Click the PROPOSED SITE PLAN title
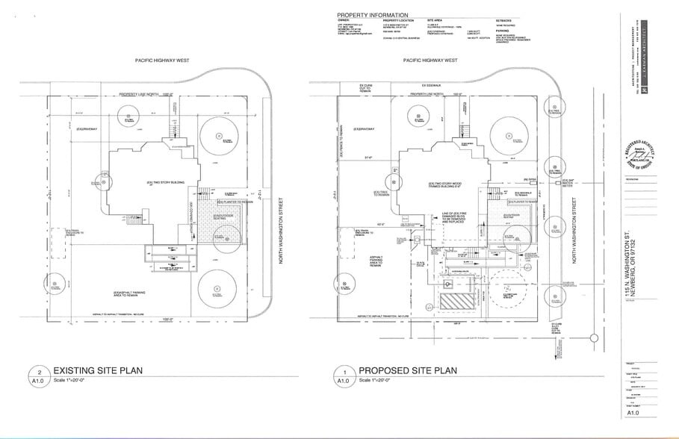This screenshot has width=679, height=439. [407, 370]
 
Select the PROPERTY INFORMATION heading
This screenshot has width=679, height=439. [372, 15]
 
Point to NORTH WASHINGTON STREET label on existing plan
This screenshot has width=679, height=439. [282, 231]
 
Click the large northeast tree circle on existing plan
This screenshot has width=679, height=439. [217, 136]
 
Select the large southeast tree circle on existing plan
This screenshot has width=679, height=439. [215, 287]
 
